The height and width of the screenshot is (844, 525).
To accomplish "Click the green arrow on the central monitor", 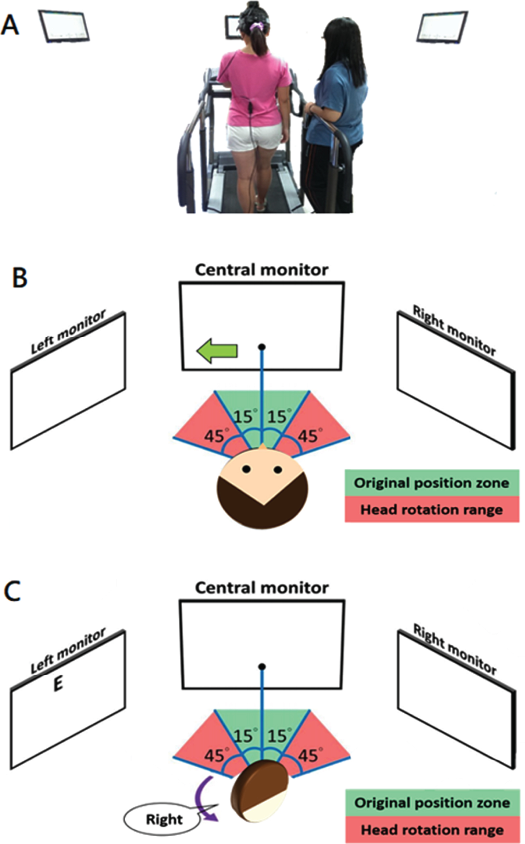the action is (217, 351).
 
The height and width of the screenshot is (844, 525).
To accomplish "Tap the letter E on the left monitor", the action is (58, 683).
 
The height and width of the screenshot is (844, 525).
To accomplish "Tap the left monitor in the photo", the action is (64, 27).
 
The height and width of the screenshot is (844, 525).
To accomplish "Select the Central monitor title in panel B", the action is (262, 270).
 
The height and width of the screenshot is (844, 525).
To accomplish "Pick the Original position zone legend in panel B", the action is (432, 483).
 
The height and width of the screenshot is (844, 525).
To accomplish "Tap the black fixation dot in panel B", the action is (262, 347).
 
